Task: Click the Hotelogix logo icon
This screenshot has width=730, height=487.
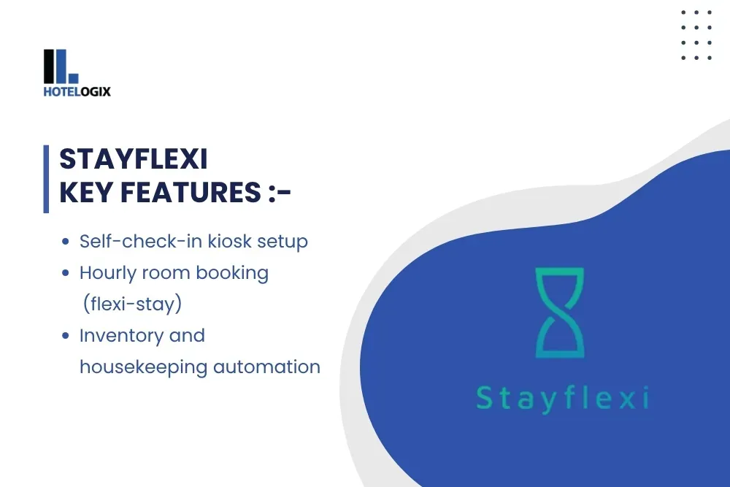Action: pyautogui.click(x=61, y=66)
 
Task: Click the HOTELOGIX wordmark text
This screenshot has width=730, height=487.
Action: pyautogui.click(x=77, y=92)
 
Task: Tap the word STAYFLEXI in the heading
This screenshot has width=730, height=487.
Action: pyautogui.click(x=134, y=159)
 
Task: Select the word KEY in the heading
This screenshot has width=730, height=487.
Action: pyautogui.click(x=86, y=192)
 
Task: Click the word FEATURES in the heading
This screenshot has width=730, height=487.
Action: pyautogui.click(x=191, y=192)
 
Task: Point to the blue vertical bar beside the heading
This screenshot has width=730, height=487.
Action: pyautogui.click(x=46, y=180)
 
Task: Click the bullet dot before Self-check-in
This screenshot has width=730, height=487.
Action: pyautogui.click(x=65, y=241)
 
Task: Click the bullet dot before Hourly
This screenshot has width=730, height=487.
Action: pyautogui.click(x=65, y=273)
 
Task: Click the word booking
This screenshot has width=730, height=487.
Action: pyautogui.click(x=232, y=274)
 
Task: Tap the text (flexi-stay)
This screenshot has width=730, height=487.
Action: pyautogui.click(x=132, y=304)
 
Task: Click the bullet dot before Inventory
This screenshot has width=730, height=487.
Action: pyautogui.click(x=65, y=335)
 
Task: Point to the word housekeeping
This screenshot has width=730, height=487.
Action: pyautogui.click(x=143, y=367)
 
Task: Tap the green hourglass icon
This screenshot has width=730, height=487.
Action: pyautogui.click(x=560, y=312)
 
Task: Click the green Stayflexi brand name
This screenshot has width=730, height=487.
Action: pyautogui.click(x=562, y=399)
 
